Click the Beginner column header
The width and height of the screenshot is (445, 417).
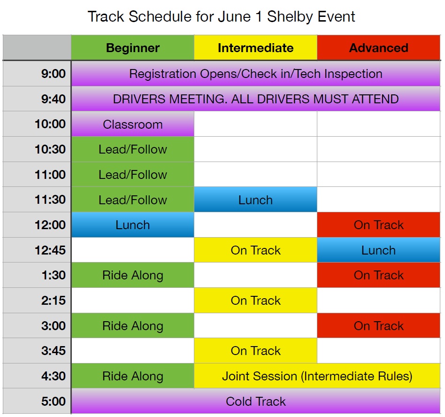point(132,48)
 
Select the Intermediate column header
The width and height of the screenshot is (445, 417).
point(255,48)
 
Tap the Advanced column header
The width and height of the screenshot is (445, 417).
point(379,48)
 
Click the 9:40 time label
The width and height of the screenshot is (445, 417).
point(54,99)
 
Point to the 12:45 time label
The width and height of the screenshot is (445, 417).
point(50,250)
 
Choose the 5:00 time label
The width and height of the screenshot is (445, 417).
point(54,402)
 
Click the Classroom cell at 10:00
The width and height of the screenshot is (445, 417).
point(132,124)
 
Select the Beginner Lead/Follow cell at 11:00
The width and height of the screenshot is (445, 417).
point(132,174)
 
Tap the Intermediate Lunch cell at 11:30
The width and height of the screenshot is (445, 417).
point(255,200)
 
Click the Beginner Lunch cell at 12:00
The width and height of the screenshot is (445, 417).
point(132,225)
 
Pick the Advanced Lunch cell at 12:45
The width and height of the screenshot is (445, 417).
point(379,250)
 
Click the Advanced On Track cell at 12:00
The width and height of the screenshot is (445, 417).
point(379,225)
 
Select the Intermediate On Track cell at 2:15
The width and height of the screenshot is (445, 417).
point(255,301)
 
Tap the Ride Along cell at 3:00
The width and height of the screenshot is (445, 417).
point(132,325)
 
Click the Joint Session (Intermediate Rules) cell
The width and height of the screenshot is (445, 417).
point(317,376)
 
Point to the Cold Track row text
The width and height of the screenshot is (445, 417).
point(256,402)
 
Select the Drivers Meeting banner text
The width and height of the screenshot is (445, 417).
point(256,99)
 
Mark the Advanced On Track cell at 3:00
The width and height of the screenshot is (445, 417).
point(379,325)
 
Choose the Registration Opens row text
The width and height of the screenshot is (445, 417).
point(256,74)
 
